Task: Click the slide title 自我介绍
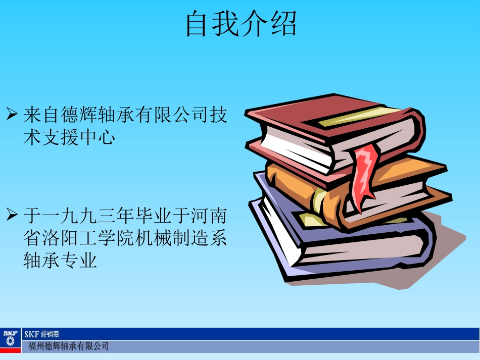click(241, 24)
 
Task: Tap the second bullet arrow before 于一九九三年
click(12, 216)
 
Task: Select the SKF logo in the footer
click(10, 340)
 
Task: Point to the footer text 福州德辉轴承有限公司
click(68, 346)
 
